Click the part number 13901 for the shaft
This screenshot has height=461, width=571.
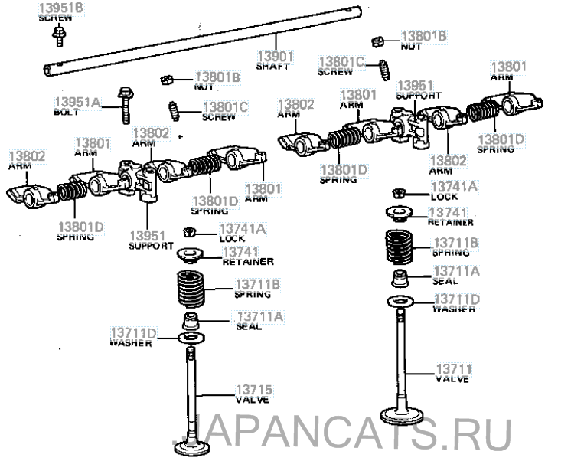(276, 57)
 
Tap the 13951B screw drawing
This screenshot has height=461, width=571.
(59, 36)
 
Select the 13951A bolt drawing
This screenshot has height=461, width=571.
(125, 106)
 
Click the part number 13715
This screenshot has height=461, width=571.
(254, 390)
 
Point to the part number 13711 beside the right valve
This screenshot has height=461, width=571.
(454, 369)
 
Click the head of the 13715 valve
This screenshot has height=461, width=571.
(192, 448)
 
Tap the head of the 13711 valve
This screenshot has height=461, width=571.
(401, 415)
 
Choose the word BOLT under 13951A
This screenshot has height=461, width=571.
(66, 113)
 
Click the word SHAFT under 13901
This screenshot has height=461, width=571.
(272, 67)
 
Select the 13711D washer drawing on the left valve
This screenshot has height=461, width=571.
(191, 338)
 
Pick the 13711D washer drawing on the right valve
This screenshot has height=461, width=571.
(400, 302)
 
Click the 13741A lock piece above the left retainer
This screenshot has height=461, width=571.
(190, 232)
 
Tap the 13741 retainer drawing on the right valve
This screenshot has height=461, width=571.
(399, 213)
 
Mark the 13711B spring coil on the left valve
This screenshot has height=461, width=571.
(191, 289)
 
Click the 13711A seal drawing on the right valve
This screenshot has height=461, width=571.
(400, 279)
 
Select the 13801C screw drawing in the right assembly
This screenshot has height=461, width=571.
(384, 70)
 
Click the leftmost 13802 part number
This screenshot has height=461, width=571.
(28, 156)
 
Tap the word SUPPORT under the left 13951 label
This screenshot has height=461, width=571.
(151, 246)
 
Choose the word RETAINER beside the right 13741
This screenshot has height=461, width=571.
(451, 222)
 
